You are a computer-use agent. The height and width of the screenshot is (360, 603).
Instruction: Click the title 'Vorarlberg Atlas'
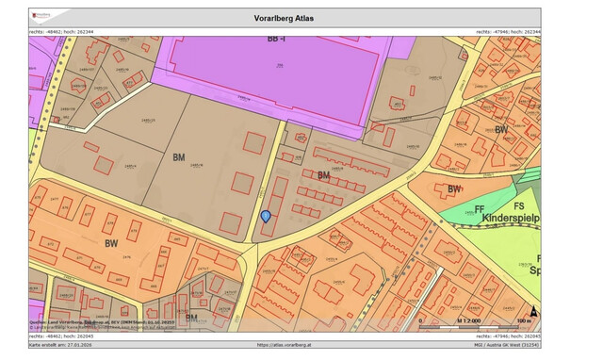click(285, 17)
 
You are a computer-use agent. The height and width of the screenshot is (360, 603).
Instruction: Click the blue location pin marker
click(266, 217)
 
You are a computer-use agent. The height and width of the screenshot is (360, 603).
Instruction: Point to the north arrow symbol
click(534, 311)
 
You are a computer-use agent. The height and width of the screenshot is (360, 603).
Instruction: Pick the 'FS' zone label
click(518, 205)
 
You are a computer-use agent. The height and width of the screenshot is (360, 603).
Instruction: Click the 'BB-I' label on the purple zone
click(274, 40)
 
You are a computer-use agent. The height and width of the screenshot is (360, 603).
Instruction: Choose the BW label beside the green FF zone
click(455, 189)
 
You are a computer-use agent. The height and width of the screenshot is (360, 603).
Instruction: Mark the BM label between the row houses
click(323, 175)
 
